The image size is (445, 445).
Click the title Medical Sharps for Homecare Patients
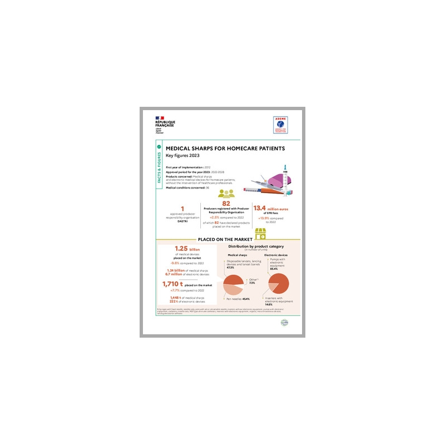[225, 149]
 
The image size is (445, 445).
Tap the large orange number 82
[226, 204]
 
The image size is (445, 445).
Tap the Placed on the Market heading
[222, 239]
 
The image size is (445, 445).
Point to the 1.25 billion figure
[187, 249]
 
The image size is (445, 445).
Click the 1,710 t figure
[174, 284]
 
